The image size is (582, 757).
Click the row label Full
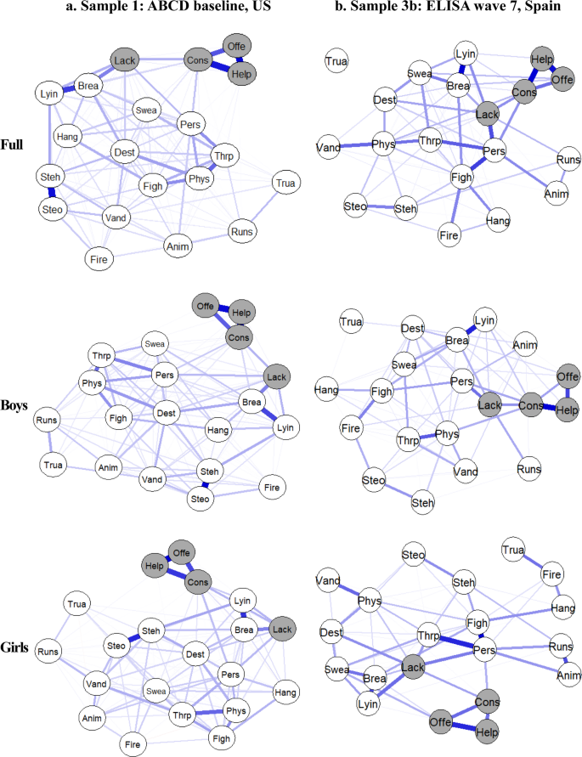[x=16, y=145]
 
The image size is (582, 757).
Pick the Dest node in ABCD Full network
[x=125, y=153]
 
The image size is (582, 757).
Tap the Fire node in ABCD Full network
[x=99, y=258]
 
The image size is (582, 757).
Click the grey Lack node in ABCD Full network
[x=124, y=60]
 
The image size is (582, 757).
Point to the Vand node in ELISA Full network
[x=328, y=148]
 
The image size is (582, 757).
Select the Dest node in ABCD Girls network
[x=195, y=654]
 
